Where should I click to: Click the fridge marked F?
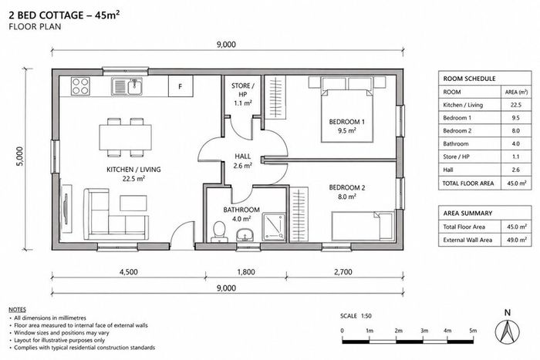tap(181, 86)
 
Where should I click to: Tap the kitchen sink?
tap(127, 86)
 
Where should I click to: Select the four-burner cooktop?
tap(80, 86)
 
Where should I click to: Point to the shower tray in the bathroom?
tap(274, 227)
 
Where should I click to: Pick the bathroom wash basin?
tap(245, 234)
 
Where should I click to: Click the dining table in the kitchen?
tap(125, 137)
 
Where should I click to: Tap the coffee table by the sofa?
tap(133, 203)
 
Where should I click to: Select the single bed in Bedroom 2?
tap(363, 226)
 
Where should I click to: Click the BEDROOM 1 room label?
tap(347, 122)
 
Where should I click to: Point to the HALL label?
tap(243, 156)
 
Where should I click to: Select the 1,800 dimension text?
tap(246, 272)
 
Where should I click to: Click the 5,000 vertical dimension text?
tap(20, 156)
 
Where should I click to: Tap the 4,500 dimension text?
tap(129, 272)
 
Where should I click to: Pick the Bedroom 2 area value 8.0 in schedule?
tap(515, 131)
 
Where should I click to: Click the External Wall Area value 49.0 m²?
tap(517, 240)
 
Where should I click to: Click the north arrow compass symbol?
tap(508, 331)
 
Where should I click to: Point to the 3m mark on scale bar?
tap(424, 331)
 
